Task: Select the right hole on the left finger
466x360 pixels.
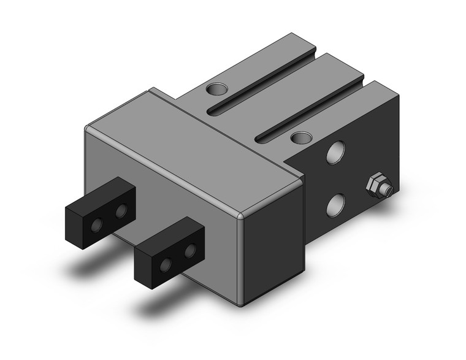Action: [121, 212]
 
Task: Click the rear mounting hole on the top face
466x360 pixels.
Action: [215, 90]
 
